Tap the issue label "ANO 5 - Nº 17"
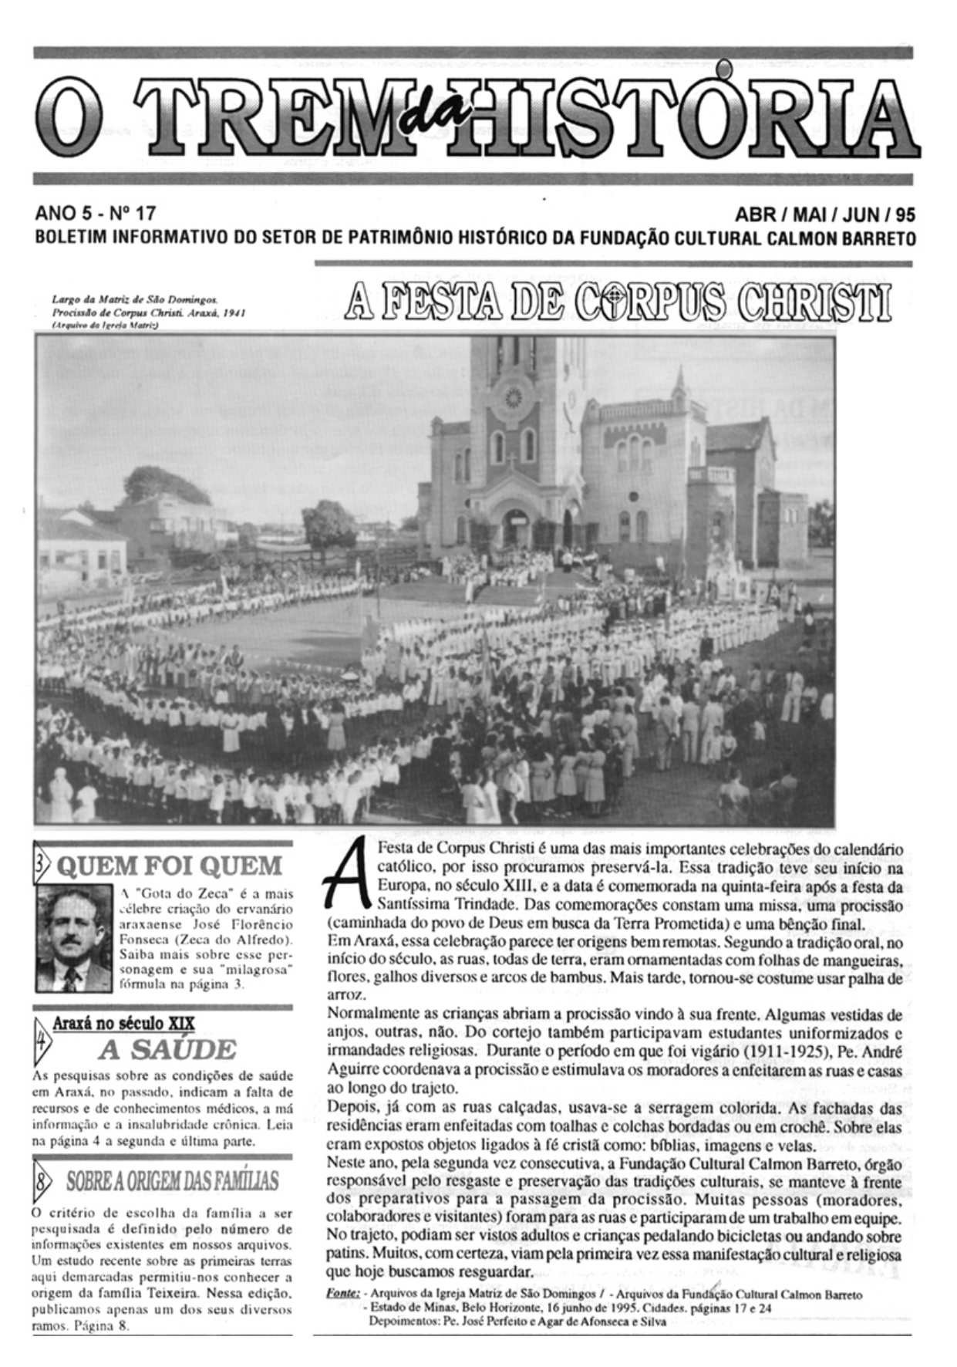[x=96, y=213]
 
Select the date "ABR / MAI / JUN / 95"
[x=825, y=214]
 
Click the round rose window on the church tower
[x=512, y=399]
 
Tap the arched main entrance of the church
[x=515, y=527]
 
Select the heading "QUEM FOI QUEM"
[x=170, y=866]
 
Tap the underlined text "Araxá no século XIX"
[x=123, y=1024]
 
